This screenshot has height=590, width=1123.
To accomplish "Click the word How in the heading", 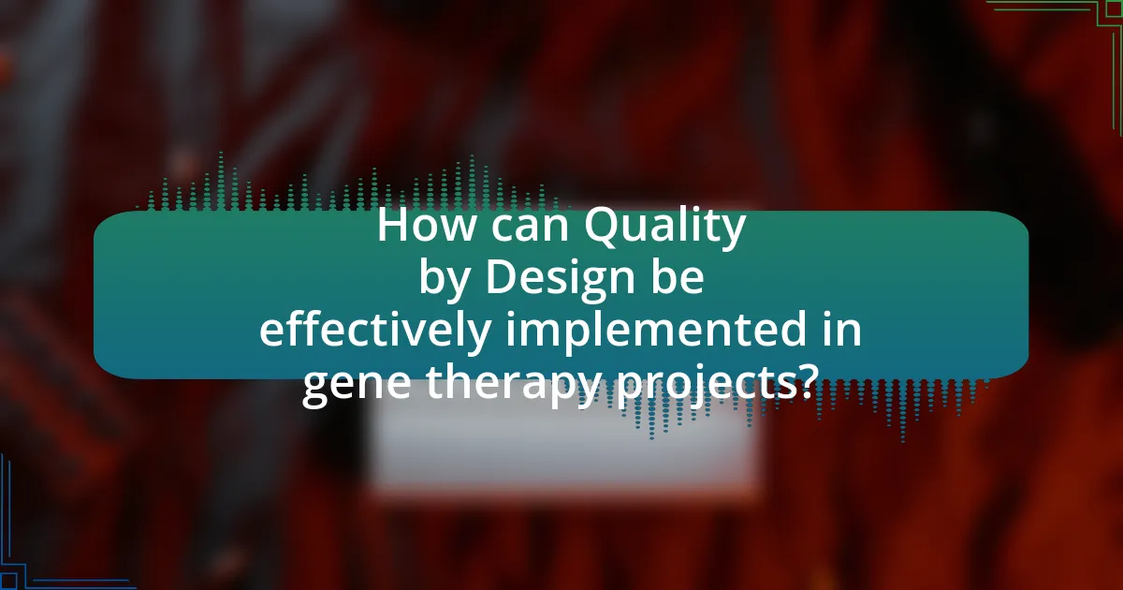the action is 425,226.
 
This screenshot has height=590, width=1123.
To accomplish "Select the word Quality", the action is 664,229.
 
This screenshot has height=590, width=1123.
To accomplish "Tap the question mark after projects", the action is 800,381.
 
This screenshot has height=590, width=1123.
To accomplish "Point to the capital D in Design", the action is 502,277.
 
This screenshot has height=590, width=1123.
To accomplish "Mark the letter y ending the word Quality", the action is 733,234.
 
